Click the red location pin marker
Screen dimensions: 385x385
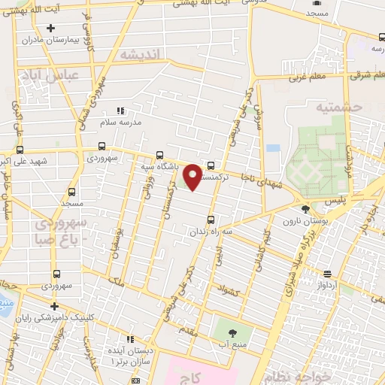pos(192,175)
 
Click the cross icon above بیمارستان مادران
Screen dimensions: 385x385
pos(51,29)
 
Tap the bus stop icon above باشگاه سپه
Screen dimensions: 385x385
pos(159,154)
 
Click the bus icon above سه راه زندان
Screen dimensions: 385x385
pos(210,220)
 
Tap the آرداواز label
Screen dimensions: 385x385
pos(335,285)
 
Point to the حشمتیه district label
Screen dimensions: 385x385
pos(340,108)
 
